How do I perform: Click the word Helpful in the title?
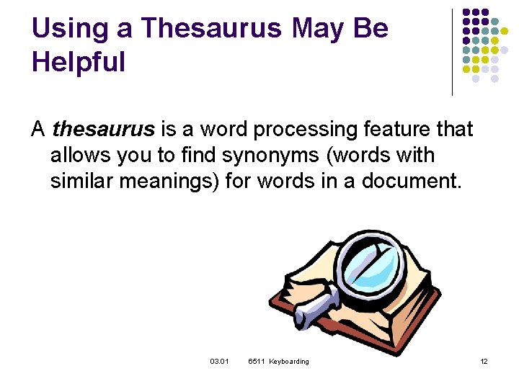[79, 62]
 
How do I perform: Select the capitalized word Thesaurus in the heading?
[212, 29]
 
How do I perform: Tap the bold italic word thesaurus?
[104, 130]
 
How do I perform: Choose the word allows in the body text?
[82, 155]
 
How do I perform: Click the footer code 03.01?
[219, 361]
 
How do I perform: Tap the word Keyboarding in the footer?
[289, 361]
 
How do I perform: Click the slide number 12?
[484, 361]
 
